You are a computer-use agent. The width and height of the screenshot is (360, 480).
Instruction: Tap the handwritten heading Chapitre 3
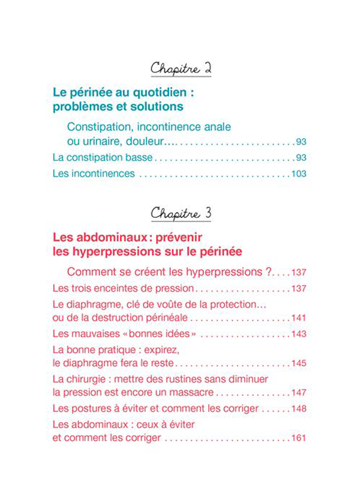pyautogui.click(x=179, y=213)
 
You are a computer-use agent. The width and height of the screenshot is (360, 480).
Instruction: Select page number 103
pyautogui.click(x=299, y=175)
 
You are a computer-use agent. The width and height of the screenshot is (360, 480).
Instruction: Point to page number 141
pyautogui.click(x=299, y=318)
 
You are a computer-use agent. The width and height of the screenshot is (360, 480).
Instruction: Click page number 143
pyautogui.click(x=299, y=334)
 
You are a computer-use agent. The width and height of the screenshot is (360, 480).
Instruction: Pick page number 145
pyautogui.click(x=299, y=364)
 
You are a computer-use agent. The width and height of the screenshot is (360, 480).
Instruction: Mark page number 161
pyautogui.click(x=299, y=438)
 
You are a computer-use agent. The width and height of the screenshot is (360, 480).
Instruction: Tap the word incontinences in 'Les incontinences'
pyautogui.click(x=102, y=175)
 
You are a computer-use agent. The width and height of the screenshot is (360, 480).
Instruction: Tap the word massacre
pyautogui.click(x=191, y=393)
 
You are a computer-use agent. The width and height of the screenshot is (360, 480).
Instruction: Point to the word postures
pyautogui.click(x=89, y=409)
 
